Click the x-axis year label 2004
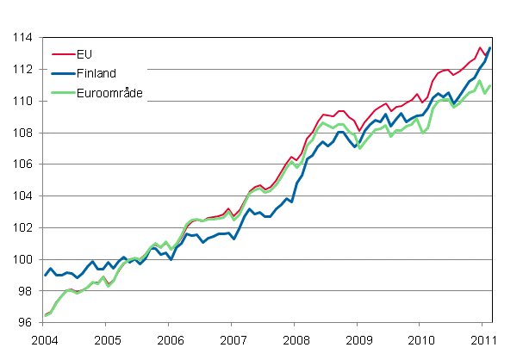(44, 338)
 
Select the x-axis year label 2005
(106, 338)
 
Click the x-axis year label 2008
(295, 338)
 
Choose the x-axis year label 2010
(420, 338)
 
